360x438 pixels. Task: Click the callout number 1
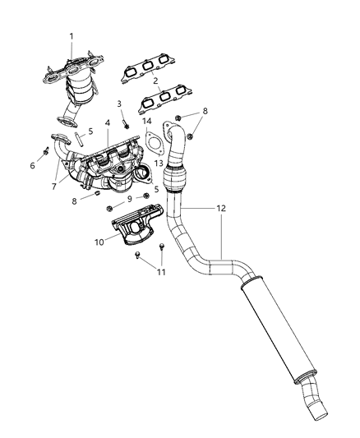pyautogui.click(x=71, y=36)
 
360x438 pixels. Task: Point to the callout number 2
pyautogui.click(x=155, y=81)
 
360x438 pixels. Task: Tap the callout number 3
pyautogui.click(x=118, y=104)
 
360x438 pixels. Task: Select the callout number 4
pyautogui.click(x=107, y=124)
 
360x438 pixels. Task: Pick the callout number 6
pyautogui.click(x=33, y=165)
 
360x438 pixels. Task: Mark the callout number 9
pyautogui.click(x=131, y=199)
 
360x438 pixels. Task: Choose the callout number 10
pyautogui.click(x=99, y=242)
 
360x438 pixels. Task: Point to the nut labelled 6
pyautogui.click(x=44, y=151)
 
